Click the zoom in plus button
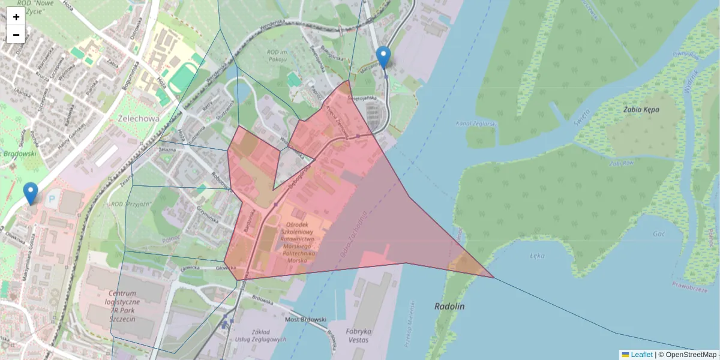point(16,17)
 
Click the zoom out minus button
point(16,35)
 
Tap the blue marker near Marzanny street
point(383,58)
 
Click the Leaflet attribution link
point(641,355)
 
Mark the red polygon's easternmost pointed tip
point(493,277)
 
